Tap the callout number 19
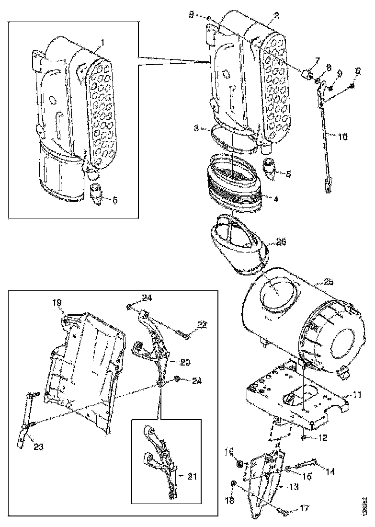coord(57,302)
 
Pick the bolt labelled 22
coord(182,335)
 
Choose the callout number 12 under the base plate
coord(324,438)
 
